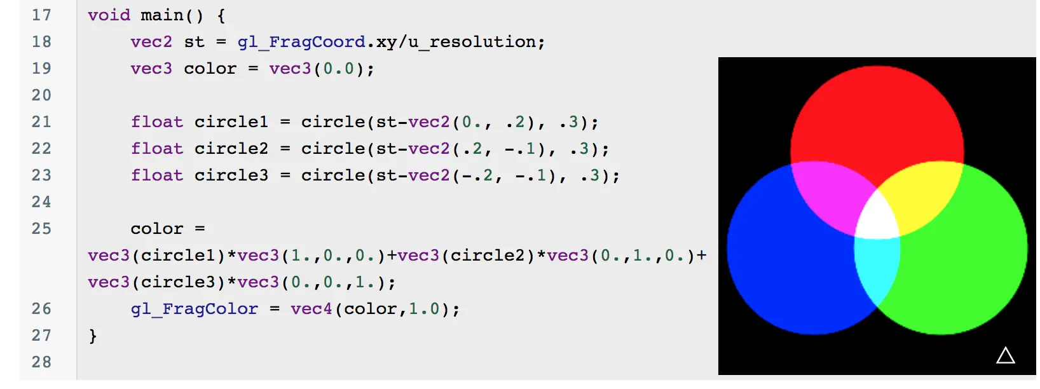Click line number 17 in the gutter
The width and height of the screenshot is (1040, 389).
click(41, 15)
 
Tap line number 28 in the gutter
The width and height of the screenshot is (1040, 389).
click(41, 362)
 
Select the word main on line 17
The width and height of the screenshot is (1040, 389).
click(161, 15)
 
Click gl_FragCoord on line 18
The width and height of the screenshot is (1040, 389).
click(301, 42)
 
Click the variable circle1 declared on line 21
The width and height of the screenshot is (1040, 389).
click(231, 122)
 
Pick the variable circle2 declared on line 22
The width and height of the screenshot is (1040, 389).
click(231, 149)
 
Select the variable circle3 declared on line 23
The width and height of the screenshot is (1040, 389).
click(231, 175)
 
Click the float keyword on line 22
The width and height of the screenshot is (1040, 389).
click(156, 149)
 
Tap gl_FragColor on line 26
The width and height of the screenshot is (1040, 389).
click(195, 309)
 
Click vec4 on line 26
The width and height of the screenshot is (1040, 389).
click(311, 309)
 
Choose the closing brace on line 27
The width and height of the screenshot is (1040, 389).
click(93, 336)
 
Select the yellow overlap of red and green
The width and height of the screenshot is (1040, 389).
click(925, 194)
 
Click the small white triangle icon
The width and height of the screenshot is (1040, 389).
click(1005, 355)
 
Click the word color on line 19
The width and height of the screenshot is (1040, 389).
click(210, 69)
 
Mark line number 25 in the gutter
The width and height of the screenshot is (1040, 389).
click(41, 229)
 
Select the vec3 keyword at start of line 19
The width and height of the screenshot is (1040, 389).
click(151, 69)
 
